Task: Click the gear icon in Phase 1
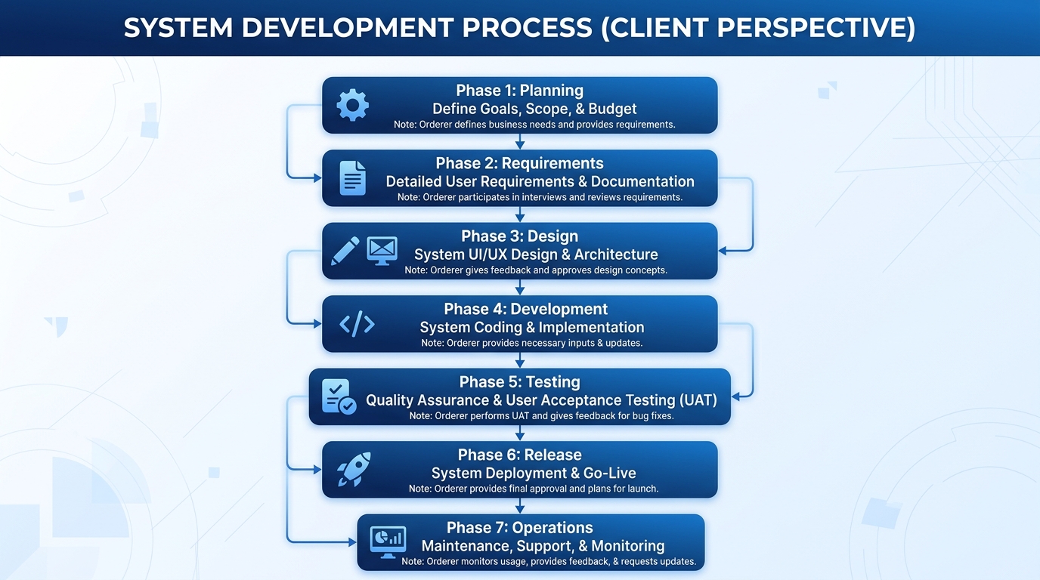[353, 105]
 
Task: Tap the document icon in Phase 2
[352, 177]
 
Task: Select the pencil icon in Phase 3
[345, 251]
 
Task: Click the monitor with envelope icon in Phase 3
[382, 251]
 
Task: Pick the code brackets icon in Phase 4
[357, 324]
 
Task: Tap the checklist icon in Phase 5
[339, 396]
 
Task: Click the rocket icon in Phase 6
[354, 469]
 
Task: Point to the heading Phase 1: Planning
[519, 91]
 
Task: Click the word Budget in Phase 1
[612, 109]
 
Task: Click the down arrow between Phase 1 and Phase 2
[520, 141]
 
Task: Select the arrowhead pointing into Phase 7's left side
[352, 541]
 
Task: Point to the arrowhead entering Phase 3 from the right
[722, 251]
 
